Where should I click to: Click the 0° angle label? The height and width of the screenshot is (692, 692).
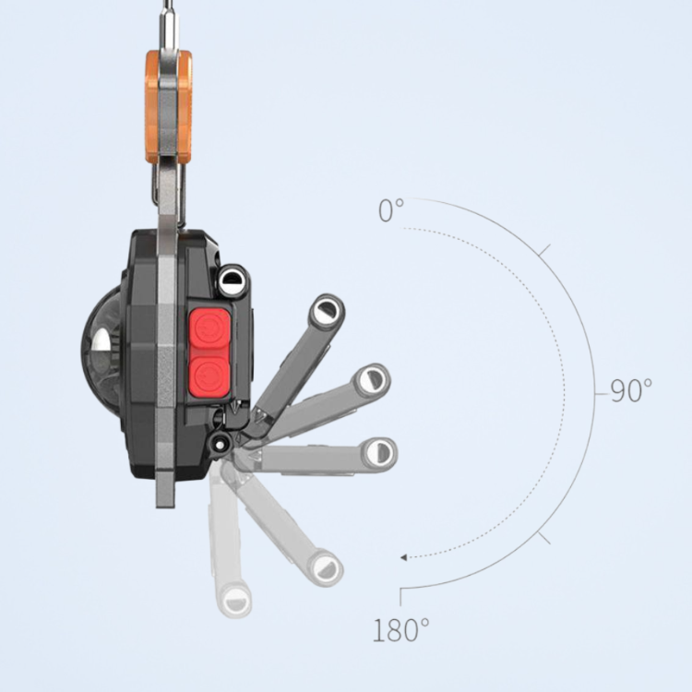(x=391, y=210)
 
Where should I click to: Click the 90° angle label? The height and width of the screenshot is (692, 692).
(x=631, y=390)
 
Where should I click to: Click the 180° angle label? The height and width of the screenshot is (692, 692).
(x=400, y=630)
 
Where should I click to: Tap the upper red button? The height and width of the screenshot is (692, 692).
(x=209, y=329)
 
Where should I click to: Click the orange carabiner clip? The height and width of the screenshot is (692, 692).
(x=169, y=107)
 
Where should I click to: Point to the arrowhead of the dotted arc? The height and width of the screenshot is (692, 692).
(x=403, y=558)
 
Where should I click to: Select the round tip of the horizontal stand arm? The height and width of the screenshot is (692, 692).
(x=379, y=452)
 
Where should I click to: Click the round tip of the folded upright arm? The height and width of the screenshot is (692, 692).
(x=232, y=279)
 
